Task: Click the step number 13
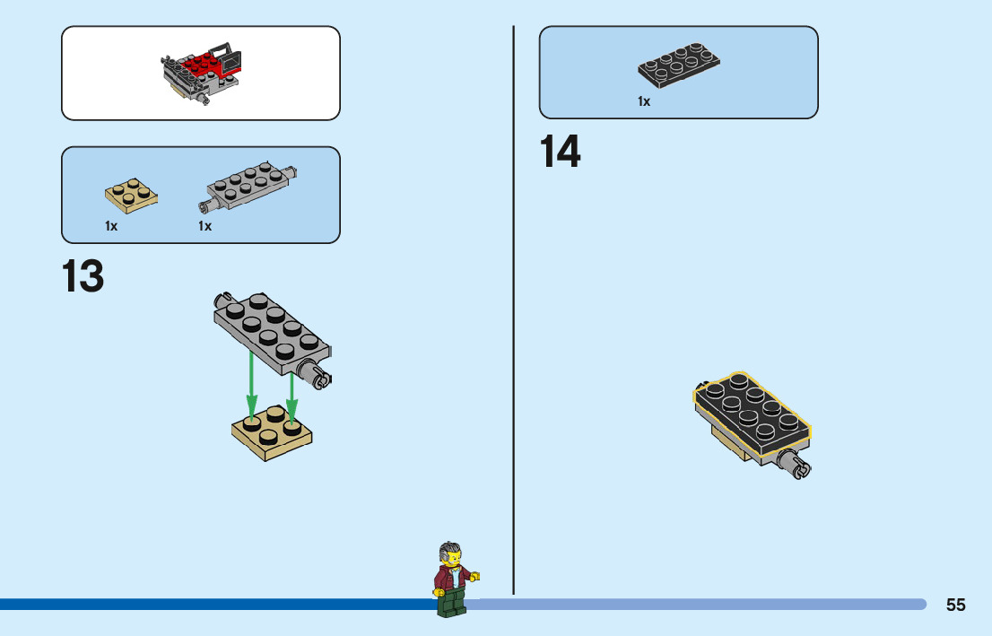(x=83, y=276)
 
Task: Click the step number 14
(x=560, y=152)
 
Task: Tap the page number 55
(x=955, y=605)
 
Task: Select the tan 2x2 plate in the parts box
(x=131, y=195)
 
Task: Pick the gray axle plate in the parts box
(x=248, y=186)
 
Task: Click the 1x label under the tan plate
(x=111, y=226)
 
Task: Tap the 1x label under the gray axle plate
(x=205, y=226)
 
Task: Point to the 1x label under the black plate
(x=644, y=102)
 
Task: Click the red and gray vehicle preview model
(x=204, y=74)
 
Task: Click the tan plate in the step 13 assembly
(x=274, y=434)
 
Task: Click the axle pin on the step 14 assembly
(x=796, y=465)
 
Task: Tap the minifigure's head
(x=449, y=555)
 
